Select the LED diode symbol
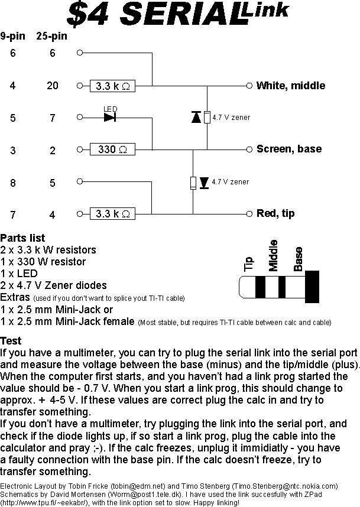pos(109,117)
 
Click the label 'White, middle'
pos(290,86)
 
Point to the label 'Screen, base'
pos(289,149)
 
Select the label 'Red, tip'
pos(275,213)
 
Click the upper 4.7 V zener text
pos(231,118)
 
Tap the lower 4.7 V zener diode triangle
pos(204,182)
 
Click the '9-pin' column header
pos(13,36)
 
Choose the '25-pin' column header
pos(52,36)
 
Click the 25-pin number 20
pos(53,86)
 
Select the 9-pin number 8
pos(13,183)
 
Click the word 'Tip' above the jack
pos(249,264)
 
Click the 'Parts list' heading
pos(23,239)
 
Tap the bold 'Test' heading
pos(11,341)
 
